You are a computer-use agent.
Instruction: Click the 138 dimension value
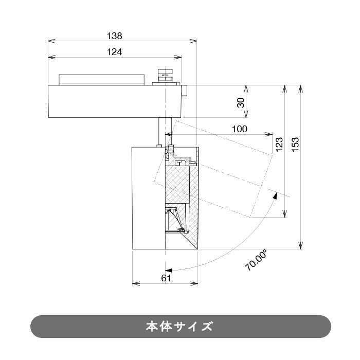pyautogui.click(x=114, y=35)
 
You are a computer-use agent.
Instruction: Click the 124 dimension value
pyautogui.click(x=114, y=51)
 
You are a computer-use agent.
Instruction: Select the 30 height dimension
pyautogui.click(x=241, y=102)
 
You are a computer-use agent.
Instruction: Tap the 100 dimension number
pyautogui.click(x=239, y=129)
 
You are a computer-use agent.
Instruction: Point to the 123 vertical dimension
pyautogui.click(x=279, y=143)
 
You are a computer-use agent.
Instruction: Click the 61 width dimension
pyautogui.click(x=166, y=278)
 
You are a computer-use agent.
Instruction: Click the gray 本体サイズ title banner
pyautogui.click(x=180, y=327)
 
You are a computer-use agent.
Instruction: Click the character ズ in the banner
pyautogui.click(x=207, y=327)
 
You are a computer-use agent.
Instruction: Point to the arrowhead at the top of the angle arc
pyautogui.click(x=276, y=195)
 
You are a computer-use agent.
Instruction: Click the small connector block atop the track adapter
pyautogui.click(x=165, y=75)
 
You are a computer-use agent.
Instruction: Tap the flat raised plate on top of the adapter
pyautogui.click(x=101, y=79)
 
